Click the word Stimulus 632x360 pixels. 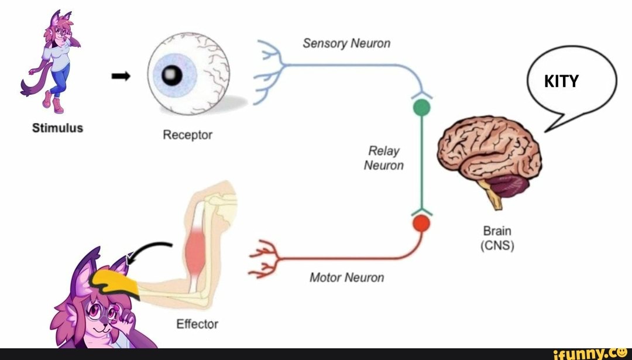pos(57,127)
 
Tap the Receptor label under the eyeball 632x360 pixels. pos(187,135)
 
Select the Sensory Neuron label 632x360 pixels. pos(346,43)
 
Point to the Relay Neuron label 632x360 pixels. pos(384,158)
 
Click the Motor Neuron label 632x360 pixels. pos(346,277)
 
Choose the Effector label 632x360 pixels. pos(197,324)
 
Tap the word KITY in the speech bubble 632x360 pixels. pos(561,81)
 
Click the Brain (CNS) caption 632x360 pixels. pos(497,238)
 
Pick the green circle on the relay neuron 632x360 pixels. pos(421,108)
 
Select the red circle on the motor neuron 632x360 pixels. pos(421,224)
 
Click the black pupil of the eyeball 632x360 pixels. pos(171,74)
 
